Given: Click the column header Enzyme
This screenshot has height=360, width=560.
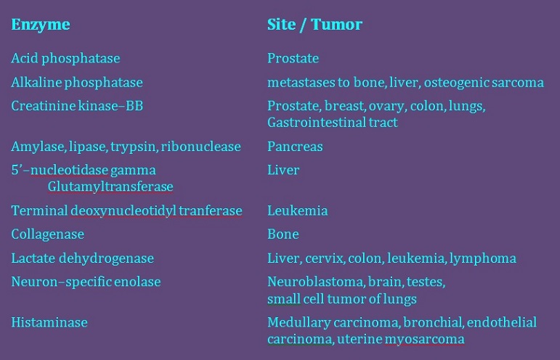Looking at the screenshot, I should tap(41, 25).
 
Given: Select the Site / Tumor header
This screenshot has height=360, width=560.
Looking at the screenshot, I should tap(315, 25).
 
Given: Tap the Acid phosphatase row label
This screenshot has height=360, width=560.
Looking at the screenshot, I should tap(65, 58).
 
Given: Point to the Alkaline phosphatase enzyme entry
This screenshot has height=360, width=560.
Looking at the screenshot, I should tap(76, 82).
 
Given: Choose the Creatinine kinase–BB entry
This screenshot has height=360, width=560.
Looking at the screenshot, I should tap(77, 106).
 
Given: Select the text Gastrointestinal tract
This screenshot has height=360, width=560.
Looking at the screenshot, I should tap(333, 123).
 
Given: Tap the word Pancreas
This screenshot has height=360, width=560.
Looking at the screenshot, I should tap(295, 147).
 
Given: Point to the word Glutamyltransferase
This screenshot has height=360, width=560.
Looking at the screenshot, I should tap(110, 187).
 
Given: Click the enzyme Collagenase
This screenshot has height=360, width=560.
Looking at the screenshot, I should tap(47, 234).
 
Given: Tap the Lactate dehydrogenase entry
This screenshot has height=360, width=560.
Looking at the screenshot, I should tap(82, 258).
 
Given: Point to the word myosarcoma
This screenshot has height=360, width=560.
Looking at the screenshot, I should tap(429, 339).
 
